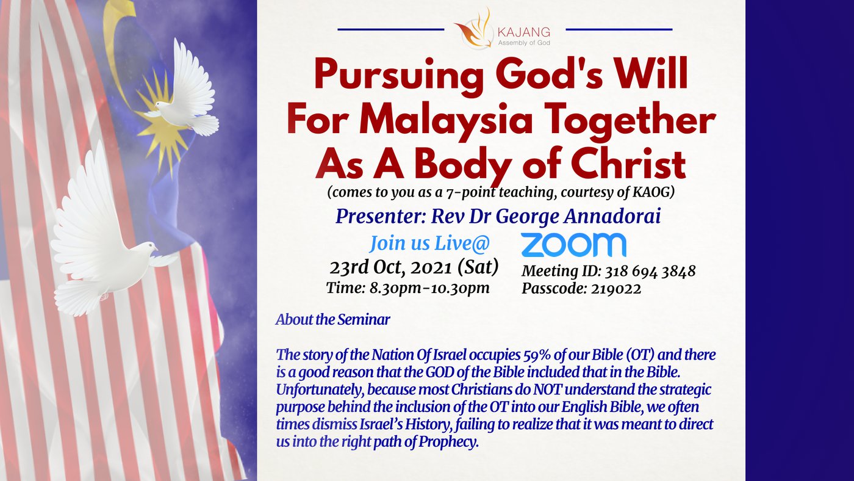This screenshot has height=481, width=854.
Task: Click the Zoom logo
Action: click(x=573, y=245)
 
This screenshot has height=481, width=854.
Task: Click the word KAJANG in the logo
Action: click(x=524, y=32)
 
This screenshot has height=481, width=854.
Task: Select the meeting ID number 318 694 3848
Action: click(x=650, y=271)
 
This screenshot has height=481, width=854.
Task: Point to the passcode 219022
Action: click(x=616, y=288)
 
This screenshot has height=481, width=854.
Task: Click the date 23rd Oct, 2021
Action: click(x=391, y=267)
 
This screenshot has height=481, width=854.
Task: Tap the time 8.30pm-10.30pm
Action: click(x=429, y=288)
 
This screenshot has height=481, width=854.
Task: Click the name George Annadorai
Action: click(x=578, y=216)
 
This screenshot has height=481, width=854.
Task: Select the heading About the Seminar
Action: click(x=332, y=320)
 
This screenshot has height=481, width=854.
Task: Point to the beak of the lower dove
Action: click(x=156, y=248)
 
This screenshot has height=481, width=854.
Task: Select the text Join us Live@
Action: click(x=429, y=244)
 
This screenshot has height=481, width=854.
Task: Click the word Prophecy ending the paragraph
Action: click(x=448, y=442)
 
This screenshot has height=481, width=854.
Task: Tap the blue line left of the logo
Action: click(x=391, y=29)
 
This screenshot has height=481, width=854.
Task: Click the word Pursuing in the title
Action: click(x=399, y=74)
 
